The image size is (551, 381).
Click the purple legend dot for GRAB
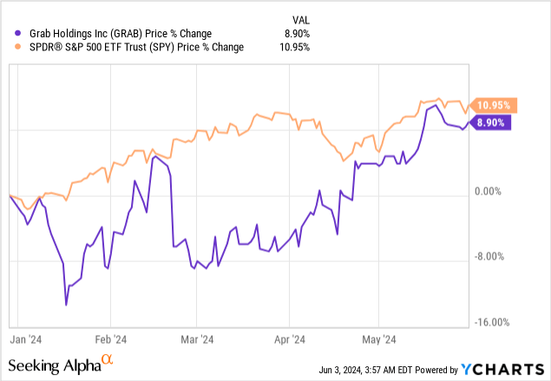(9, 32)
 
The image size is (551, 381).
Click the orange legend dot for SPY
(9, 47)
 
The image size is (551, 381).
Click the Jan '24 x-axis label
(31, 340)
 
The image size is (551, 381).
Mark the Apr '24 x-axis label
(291, 340)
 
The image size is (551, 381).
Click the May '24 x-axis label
(377, 340)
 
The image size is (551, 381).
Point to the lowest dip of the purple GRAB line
(67, 305)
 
